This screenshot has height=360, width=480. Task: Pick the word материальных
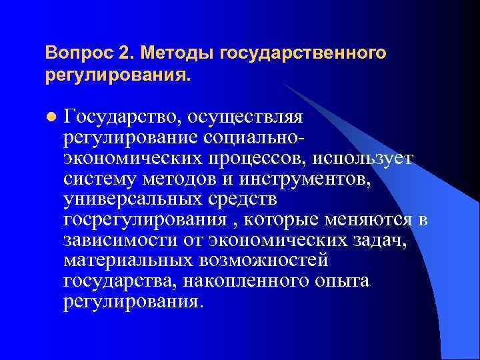pos(124,261)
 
